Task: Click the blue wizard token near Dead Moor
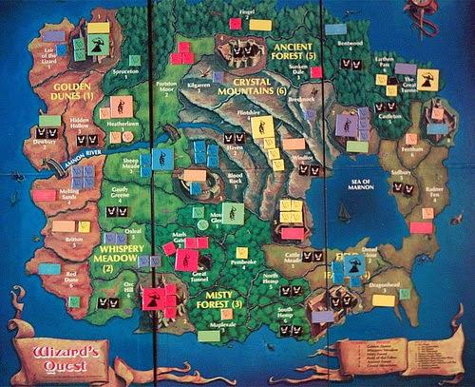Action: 354,260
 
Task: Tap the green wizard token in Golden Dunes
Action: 97,44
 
